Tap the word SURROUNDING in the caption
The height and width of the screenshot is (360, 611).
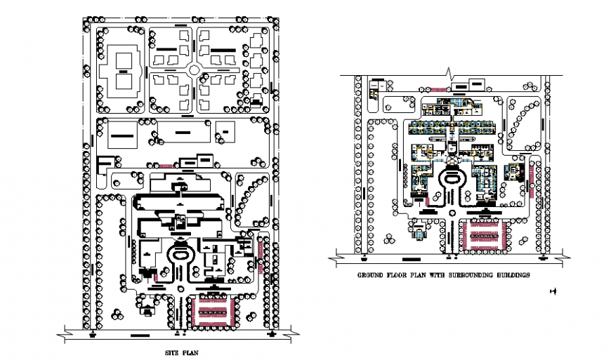click(463, 275)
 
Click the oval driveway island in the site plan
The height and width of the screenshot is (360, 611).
click(181, 254)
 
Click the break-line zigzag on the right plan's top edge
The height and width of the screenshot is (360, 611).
click(449, 72)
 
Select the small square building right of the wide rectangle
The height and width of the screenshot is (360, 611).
click(226, 131)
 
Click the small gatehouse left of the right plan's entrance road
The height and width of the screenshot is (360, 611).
click(419, 232)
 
